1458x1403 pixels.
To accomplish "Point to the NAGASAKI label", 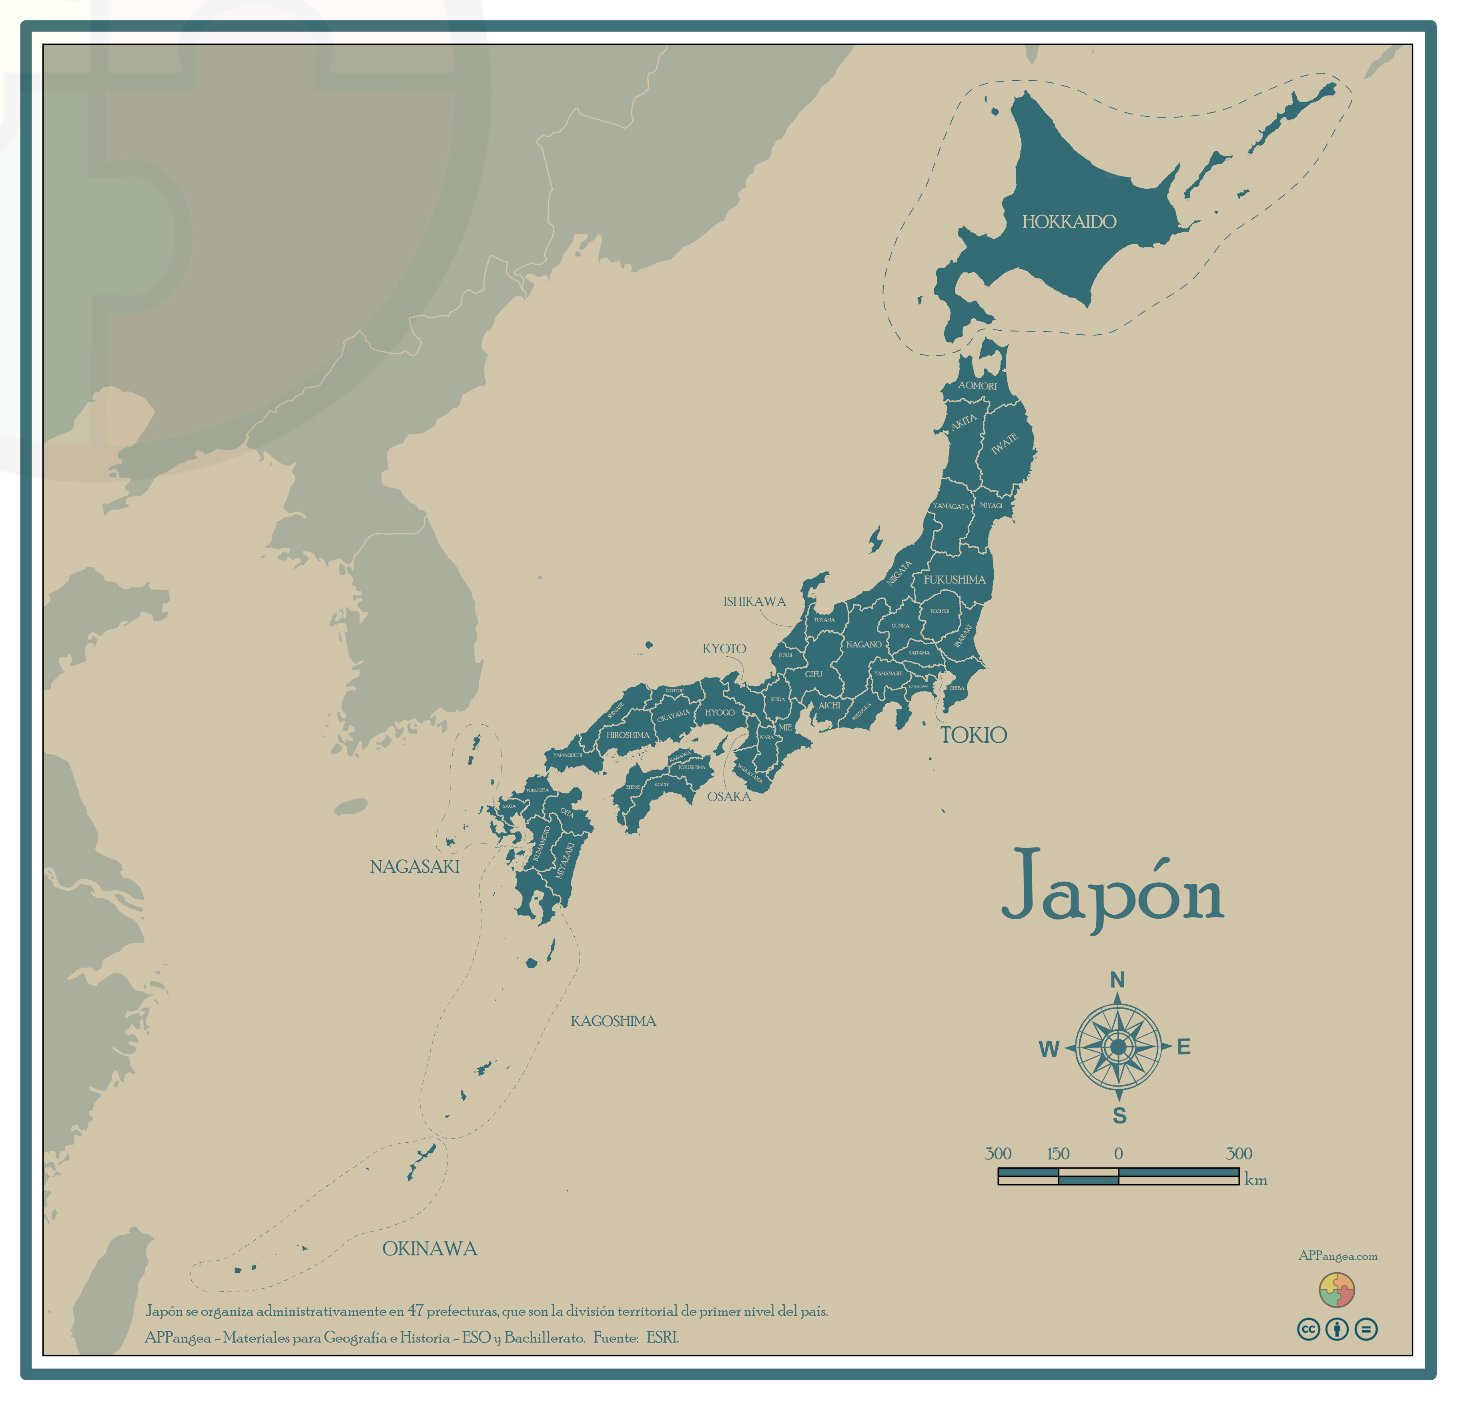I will pos(414,866).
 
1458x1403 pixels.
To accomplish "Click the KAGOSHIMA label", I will pos(613,1021).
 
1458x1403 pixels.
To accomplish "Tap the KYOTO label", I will pos(724,648).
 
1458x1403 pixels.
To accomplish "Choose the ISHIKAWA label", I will pos(754,602).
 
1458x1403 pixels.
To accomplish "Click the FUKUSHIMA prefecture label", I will pos(955,579).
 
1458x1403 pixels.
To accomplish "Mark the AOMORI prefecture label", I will pos(977,385).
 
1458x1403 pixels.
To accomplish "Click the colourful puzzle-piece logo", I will pos(1337,1290).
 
